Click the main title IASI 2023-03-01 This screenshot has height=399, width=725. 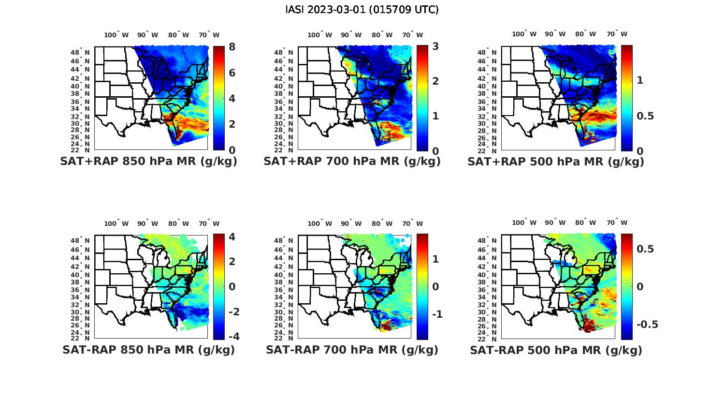[362, 10]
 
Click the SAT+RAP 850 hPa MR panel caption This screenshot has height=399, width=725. [148, 162]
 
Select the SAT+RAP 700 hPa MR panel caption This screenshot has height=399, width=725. [352, 162]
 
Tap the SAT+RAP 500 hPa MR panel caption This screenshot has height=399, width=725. [556, 162]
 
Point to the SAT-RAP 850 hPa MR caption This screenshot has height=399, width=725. [148, 350]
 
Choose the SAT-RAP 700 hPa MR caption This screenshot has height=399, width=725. [352, 350]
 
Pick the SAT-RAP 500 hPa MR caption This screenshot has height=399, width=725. [556, 350]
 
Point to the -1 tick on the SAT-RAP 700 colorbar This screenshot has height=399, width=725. [436, 314]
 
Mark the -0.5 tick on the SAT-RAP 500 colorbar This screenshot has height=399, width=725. [647, 324]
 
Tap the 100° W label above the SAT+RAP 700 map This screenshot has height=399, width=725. [319, 35]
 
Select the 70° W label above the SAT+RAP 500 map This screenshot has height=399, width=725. [617, 34]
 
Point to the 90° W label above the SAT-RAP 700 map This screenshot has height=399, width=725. [351, 223]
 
